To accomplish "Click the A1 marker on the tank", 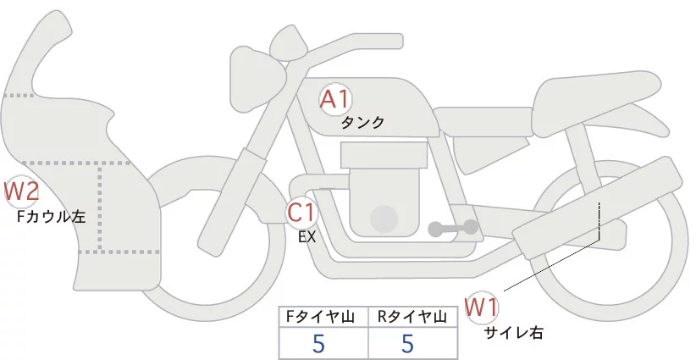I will tap(334, 99).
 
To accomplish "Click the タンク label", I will tap(362, 123).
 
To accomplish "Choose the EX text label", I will tap(307, 237).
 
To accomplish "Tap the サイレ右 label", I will tap(513, 333).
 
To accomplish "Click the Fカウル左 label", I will tap(52, 216).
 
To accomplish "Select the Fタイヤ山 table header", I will tap(323, 317).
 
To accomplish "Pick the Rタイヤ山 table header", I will tap(413, 317).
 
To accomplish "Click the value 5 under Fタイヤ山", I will tap(318, 343).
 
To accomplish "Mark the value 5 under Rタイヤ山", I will tap(407, 343).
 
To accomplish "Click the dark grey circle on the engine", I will tap(385, 219).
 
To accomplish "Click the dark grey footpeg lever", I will tap(452, 228).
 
